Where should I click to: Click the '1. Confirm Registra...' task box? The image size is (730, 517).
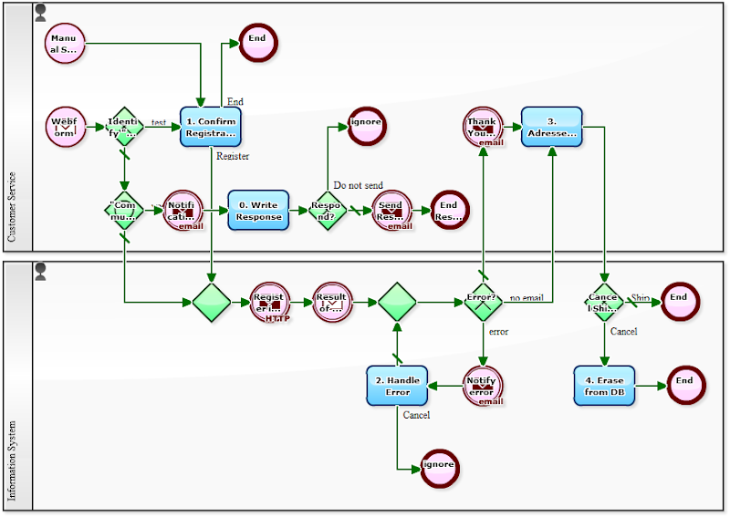click(x=211, y=127)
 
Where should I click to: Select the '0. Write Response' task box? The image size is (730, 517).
click(x=258, y=211)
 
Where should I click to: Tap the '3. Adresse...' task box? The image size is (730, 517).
click(x=551, y=127)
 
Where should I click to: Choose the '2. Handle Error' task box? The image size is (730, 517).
click(x=397, y=386)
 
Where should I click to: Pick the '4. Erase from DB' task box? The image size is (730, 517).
click(x=604, y=386)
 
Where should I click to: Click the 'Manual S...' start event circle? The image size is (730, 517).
click(x=64, y=43)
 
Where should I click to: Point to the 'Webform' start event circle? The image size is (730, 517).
click(x=64, y=127)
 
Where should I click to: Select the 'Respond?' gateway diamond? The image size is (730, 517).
click(x=327, y=211)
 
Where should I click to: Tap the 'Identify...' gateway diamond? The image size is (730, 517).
click(x=124, y=127)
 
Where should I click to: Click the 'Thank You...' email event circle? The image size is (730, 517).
click(x=482, y=127)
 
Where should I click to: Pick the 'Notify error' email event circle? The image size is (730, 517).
click(x=482, y=386)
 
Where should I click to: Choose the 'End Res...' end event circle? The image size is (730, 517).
click(x=449, y=211)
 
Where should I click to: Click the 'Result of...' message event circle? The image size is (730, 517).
click(x=332, y=301)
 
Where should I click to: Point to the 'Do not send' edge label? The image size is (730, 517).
click(x=358, y=185)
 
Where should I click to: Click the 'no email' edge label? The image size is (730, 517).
click(x=527, y=297)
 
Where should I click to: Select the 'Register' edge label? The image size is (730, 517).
click(x=232, y=156)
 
